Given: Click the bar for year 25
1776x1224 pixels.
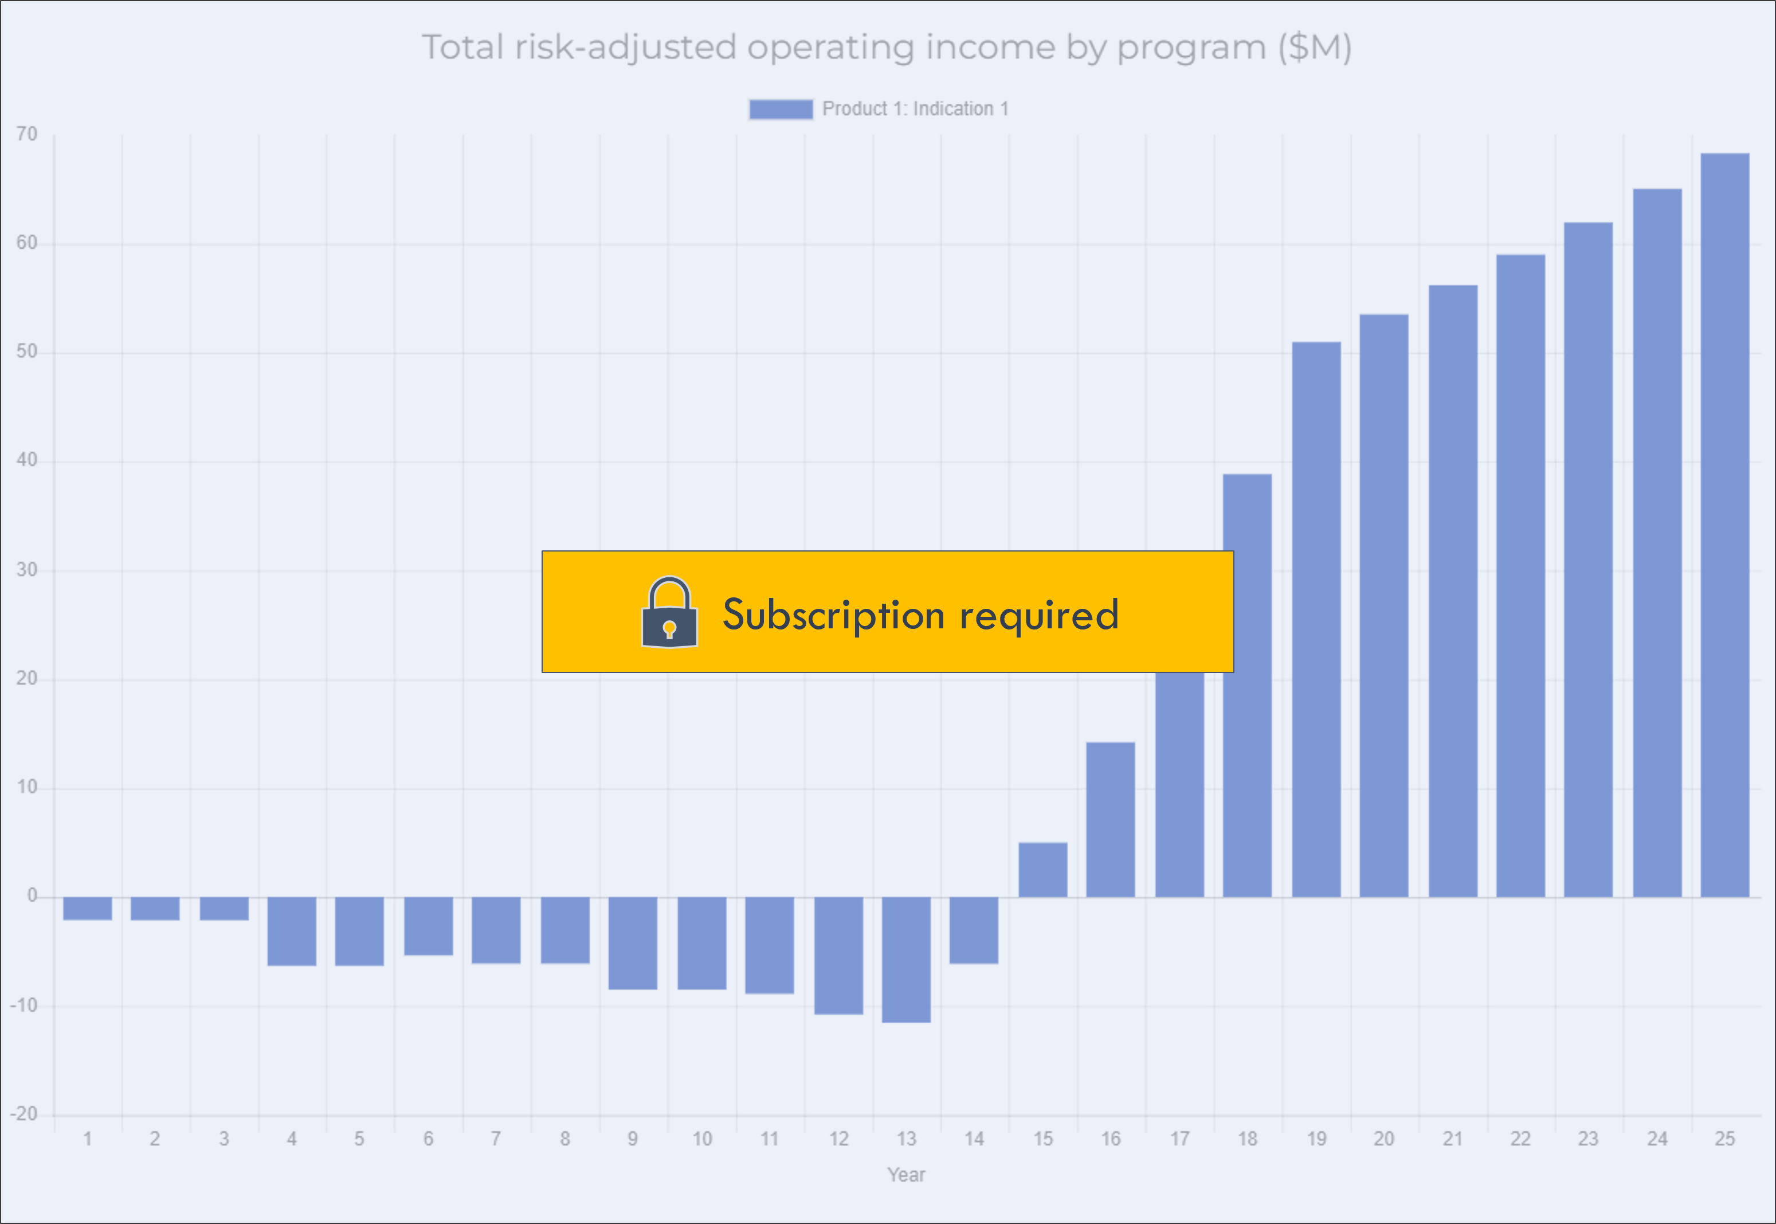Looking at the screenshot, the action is point(1724,525).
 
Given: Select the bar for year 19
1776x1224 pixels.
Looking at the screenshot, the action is point(1316,619).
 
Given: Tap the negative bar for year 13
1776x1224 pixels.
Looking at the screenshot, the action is point(906,959).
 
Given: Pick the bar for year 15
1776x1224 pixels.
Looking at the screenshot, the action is point(1042,870).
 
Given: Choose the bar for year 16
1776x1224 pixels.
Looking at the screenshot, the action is point(1111,819).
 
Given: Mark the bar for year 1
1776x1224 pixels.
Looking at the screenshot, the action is point(87,908).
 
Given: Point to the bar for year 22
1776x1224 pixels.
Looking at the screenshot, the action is point(1521,575).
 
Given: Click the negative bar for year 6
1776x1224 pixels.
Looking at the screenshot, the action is point(429,926).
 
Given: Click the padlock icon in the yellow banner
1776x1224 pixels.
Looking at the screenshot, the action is point(669,612).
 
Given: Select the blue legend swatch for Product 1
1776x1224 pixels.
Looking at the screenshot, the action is point(781,110).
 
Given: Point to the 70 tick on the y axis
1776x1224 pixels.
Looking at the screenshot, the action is point(27,134).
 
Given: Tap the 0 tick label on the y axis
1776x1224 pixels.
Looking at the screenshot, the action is point(32,895).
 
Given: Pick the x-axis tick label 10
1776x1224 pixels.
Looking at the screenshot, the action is point(702,1139).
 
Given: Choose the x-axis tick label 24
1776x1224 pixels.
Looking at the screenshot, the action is point(1657,1139).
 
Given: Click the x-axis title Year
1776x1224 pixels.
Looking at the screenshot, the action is point(906,1175).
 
